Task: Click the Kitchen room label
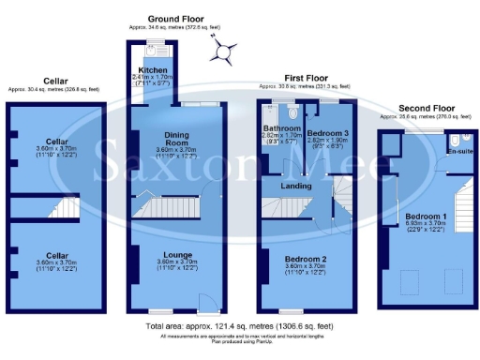point(153,70)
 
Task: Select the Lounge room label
point(177,254)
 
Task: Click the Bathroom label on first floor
point(281,128)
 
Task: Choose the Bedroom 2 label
point(306,258)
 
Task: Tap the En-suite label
point(459,151)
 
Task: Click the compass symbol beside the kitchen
point(224,53)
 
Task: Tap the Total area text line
point(238,325)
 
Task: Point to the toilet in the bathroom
point(292,111)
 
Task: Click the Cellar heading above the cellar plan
point(52,82)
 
